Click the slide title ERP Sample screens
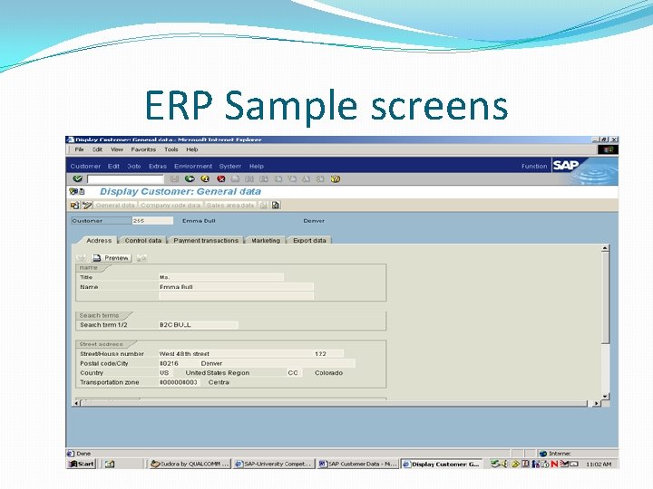pyautogui.click(x=326, y=106)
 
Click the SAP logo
pyautogui.click(x=565, y=166)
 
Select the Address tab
pyautogui.click(x=99, y=241)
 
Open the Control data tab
pyautogui.click(x=143, y=241)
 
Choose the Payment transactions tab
pyautogui.click(x=206, y=241)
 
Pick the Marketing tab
pyautogui.click(x=266, y=241)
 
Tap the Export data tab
pyautogui.click(x=310, y=241)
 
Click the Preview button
pyautogui.click(x=112, y=258)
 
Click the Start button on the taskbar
pyautogui.click(x=82, y=464)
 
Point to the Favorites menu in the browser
pyautogui.click(x=143, y=149)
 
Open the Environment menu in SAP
pyautogui.click(x=193, y=167)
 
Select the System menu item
pyautogui.click(x=230, y=167)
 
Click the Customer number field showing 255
pyautogui.click(x=151, y=220)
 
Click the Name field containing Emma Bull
pyautogui.click(x=236, y=287)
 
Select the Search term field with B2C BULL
pyautogui.click(x=198, y=325)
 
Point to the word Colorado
pyautogui.click(x=329, y=373)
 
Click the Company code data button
pyautogui.click(x=171, y=206)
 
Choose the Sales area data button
pyautogui.click(x=230, y=206)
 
